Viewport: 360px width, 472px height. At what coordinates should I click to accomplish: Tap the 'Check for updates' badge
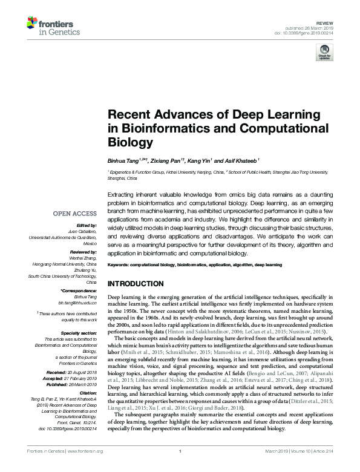tap(324, 54)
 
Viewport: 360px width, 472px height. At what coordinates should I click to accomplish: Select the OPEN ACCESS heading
tap(74, 214)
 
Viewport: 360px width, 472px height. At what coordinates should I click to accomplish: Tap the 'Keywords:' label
tap(119, 265)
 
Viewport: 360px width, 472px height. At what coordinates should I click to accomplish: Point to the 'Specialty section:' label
tap(79, 333)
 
